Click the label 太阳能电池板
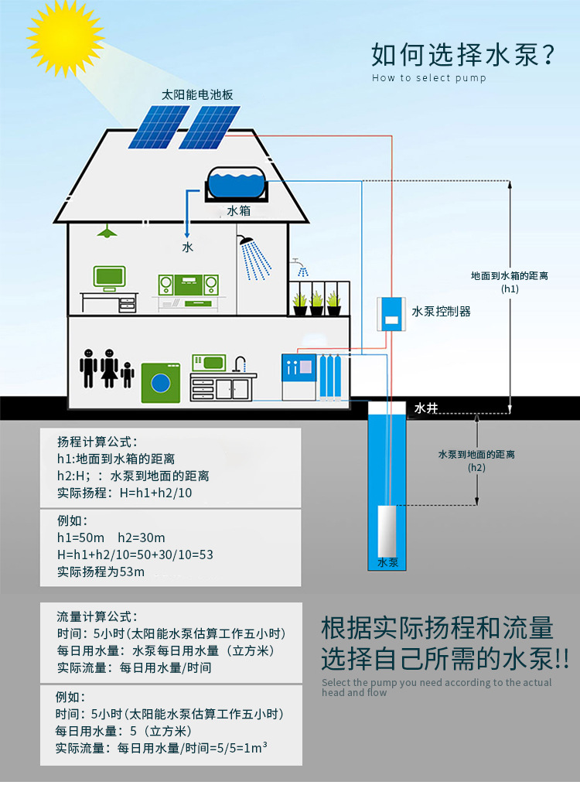pos(197,95)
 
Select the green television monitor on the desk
pos(109,276)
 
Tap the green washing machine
pos(160,382)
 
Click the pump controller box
pos(392,314)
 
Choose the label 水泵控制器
pos(441,312)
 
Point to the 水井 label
pos(427,408)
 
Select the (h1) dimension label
pos(510,288)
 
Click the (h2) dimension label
pos(476,467)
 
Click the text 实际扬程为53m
pos(101,572)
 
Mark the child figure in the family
pos(128,374)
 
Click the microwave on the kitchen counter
pos(208,361)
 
